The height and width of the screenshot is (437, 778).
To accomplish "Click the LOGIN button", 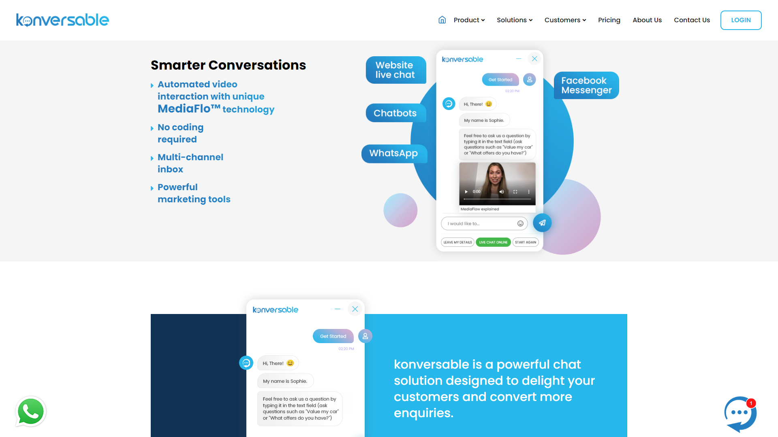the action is click(x=741, y=20).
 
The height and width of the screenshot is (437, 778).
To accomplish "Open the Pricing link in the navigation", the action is click(x=609, y=20).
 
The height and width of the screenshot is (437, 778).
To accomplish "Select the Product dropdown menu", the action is click(x=469, y=20).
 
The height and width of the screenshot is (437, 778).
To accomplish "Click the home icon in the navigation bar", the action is click(x=442, y=20).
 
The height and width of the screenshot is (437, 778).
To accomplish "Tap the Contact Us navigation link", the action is click(x=692, y=20).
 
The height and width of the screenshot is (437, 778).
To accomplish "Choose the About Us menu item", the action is click(x=647, y=20).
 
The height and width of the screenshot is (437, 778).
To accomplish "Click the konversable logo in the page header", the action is click(x=62, y=20).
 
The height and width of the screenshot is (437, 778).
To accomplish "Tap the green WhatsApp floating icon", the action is click(x=30, y=412).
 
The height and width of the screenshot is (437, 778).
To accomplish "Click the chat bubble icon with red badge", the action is click(x=740, y=414).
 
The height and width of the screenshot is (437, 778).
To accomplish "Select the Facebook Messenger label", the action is click(x=586, y=85).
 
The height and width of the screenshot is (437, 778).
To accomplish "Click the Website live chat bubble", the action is click(x=396, y=70).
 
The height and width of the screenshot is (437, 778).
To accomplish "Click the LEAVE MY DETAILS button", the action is click(x=457, y=242).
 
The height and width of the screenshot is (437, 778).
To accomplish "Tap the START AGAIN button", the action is click(x=526, y=242).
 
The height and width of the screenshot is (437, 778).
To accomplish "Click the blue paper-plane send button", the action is click(x=542, y=223).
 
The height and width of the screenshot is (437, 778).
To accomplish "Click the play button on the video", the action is click(x=466, y=192).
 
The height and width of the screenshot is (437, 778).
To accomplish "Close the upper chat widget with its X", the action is click(x=534, y=59).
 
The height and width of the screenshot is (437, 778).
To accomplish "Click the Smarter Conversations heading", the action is click(x=228, y=65).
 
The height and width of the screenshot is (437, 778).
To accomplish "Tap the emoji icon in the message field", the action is click(x=520, y=223).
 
